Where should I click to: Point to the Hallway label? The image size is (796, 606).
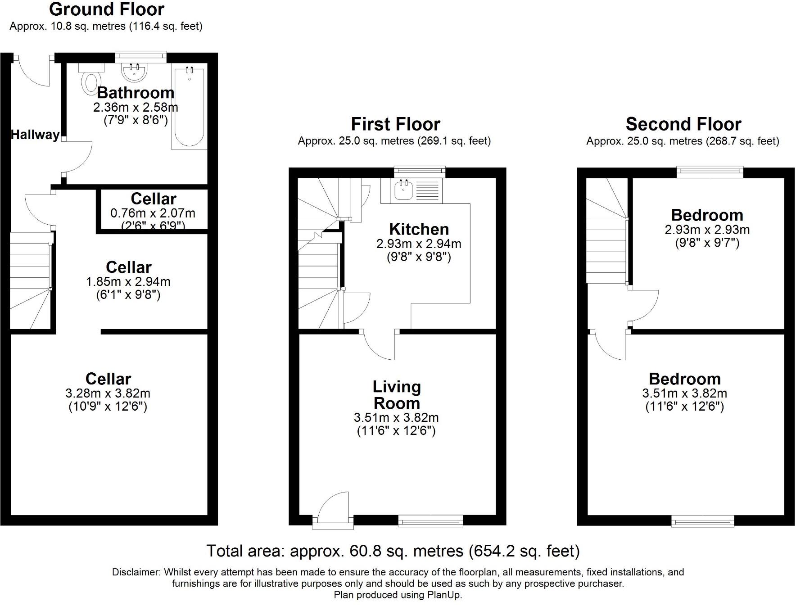(35, 135)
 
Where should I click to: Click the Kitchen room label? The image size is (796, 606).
(419, 229)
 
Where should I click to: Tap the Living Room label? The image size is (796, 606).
(397, 395)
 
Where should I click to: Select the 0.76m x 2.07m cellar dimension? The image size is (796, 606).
(153, 213)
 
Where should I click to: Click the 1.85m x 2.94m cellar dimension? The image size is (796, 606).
(128, 282)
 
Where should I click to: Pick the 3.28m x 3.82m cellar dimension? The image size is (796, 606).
(108, 393)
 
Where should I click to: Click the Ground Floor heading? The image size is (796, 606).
(107, 9)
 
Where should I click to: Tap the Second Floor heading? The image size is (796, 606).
(683, 124)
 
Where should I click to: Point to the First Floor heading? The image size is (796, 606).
(396, 124)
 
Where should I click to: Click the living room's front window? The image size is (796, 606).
(430, 521)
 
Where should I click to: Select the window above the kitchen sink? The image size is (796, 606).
(420, 172)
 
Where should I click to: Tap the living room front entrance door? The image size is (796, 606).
(333, 509)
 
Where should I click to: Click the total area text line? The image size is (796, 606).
(393, 551)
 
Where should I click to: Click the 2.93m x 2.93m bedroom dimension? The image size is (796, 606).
(707, 230)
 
